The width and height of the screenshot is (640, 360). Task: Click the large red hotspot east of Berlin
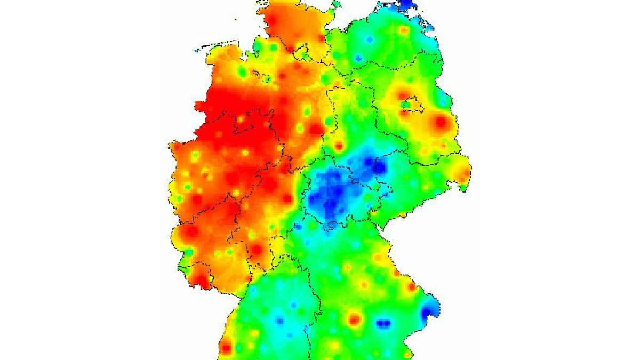point(440,122)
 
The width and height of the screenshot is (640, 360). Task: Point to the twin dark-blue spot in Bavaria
point(383,323)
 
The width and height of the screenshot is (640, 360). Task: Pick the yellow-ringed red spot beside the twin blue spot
point(355,319)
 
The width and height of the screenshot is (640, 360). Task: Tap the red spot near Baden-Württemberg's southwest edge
point(226,348)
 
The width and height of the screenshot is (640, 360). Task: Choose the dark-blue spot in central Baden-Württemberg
point(279,321)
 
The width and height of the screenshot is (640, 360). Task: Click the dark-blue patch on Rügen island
point(406,4)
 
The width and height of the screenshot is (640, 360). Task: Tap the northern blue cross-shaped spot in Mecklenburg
point(369,41)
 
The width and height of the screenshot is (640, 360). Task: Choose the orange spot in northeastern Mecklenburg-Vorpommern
point(404,30)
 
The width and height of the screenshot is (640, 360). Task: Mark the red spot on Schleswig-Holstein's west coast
point(271,20)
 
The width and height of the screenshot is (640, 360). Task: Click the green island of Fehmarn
point(335,5)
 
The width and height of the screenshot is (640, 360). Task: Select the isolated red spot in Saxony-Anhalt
point(339,146)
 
